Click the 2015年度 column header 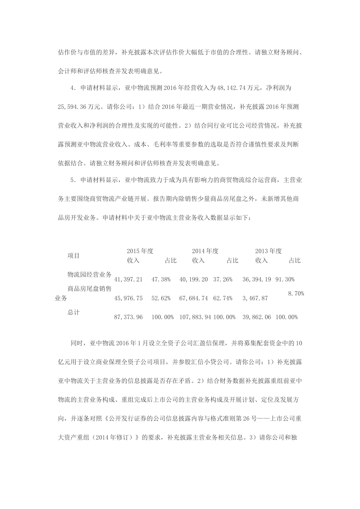click(140, 251)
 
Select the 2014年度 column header click(205, 251)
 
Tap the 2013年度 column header click(268, 251)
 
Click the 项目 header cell click(74, 256)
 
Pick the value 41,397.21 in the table click(128, 279)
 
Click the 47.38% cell click(161, 279)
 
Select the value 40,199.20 click(194, 279)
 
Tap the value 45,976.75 click(128, 298)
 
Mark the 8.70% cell click(296, 294)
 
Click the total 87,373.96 click(128, 317)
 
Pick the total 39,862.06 click(257, 317)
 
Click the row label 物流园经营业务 click(89, 275)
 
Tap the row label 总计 click(74, 312)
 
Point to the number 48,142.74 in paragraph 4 click(231, 88)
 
